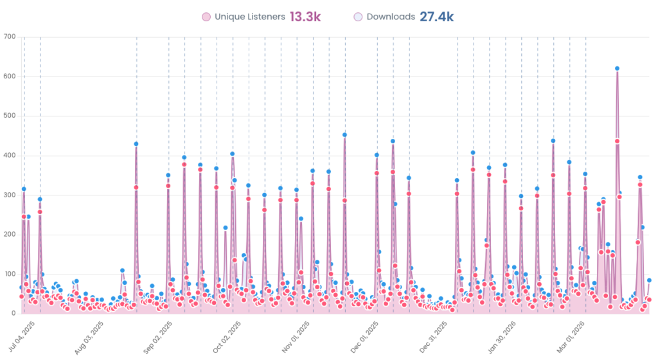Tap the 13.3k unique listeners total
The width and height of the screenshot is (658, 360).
pyautogui.click(x=305, y=17)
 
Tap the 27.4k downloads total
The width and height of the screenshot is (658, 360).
pyautogui.click(x=437, y=17)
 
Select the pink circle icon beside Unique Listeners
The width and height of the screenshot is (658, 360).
pyautogui.click(x=206, y=17)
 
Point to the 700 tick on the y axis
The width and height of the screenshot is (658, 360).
pyautogui.click(x=9, y=37)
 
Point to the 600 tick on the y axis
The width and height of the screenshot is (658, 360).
pyautogui.click(x=9, y=76)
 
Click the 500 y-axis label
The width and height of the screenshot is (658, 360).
pyautogui.click(x=9, y=116)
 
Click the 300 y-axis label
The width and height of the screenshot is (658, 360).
pyautogui.click(x=9, y=195)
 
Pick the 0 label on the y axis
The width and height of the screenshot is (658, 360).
pyautogui.click(x=13, y=313)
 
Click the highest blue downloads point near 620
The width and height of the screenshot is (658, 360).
pyautogui.click(x=617, y=68)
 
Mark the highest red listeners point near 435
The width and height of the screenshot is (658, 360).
pyautogui.click(x=617, y=141)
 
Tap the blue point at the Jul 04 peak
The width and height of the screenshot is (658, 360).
pyautogui.click(x=24, y=189)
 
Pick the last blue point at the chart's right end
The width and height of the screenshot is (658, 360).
pyautogui.click(x=649, y=280)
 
